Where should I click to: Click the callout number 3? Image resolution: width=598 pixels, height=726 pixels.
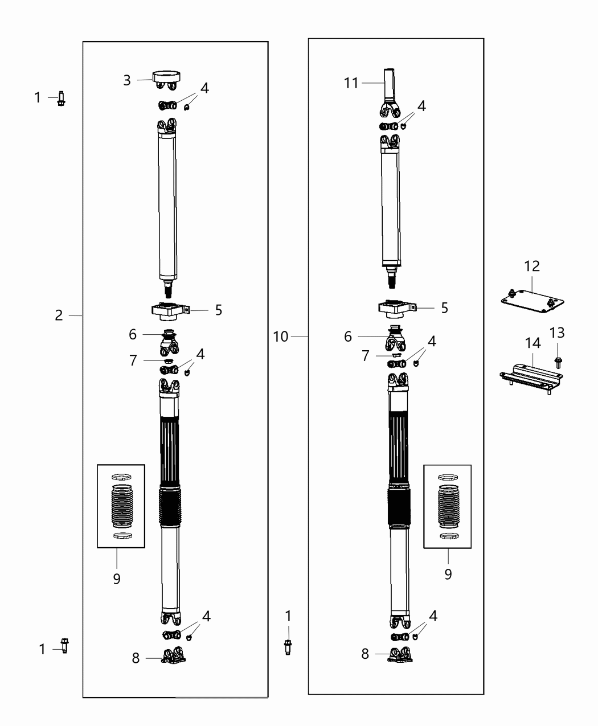127,80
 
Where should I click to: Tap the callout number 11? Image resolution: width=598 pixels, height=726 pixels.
351,83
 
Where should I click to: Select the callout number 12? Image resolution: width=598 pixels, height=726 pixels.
532,266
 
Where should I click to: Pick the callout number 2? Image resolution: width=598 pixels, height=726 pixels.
59,315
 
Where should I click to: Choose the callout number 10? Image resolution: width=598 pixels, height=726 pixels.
281,337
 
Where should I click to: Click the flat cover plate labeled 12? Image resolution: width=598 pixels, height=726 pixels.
532,301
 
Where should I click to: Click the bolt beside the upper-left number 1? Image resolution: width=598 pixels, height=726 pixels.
61,99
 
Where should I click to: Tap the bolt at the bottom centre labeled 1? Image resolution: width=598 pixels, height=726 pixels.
288,647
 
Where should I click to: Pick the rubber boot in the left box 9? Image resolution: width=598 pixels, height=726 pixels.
121,506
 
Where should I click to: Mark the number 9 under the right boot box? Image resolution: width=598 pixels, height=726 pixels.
448,575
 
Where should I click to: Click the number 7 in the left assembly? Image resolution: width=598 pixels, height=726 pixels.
133,360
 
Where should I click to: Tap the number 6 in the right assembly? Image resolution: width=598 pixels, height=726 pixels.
348,337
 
